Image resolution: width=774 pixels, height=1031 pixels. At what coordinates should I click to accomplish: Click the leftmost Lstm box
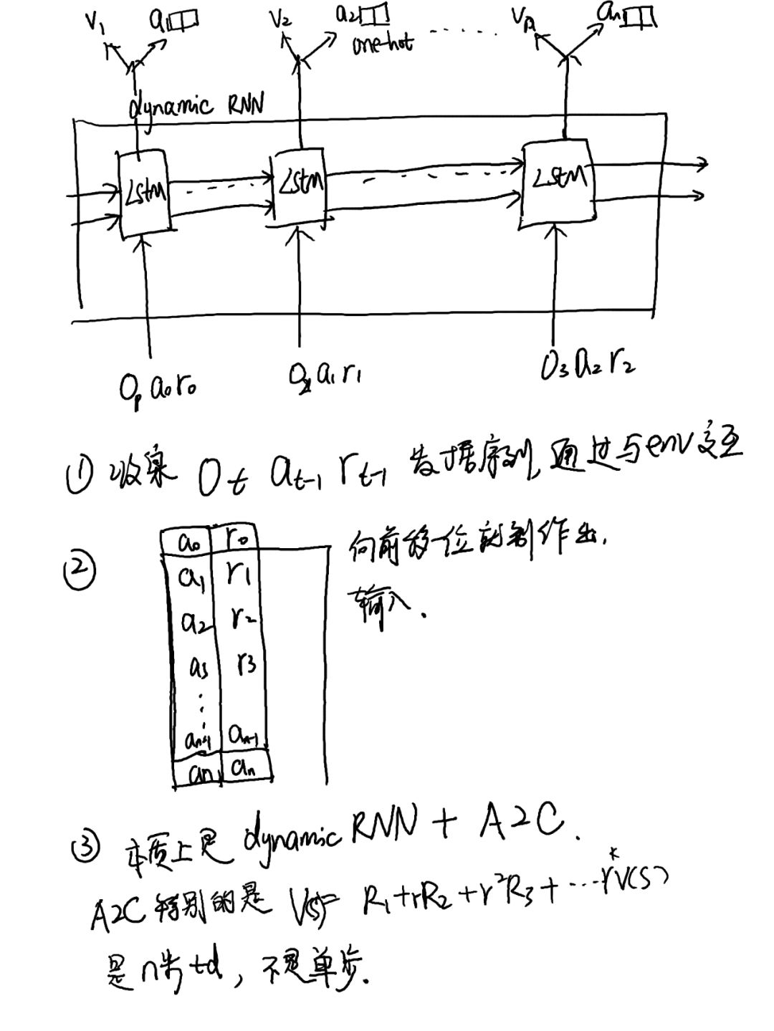coord(145,192)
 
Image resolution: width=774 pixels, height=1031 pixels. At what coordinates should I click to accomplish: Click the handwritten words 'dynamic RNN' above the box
coord(196,106)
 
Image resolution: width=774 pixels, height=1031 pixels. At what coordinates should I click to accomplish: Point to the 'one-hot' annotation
coord(382,44)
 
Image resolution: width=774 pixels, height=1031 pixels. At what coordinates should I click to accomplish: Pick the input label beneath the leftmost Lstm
coord(158,388)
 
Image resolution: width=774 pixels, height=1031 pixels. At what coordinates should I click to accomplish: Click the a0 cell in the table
coord(192,543)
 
